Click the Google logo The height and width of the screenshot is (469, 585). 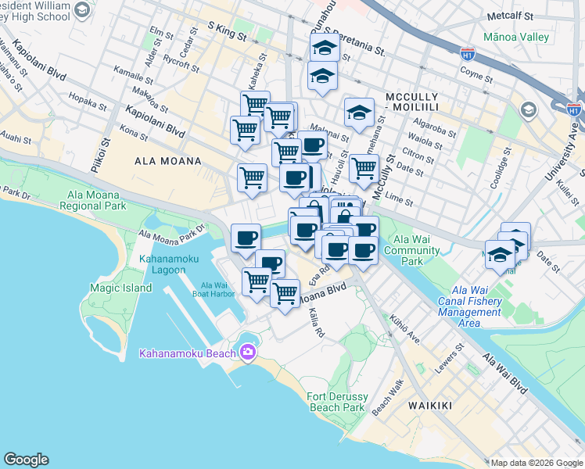point(26,460)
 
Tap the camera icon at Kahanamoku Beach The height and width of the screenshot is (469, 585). point(249,353)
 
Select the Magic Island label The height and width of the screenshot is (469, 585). point(109,288)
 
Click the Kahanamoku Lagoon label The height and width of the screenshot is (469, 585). point(162,264)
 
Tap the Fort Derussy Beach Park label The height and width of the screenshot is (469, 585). point(336,402)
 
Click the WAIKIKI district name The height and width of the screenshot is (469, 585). point(429,406)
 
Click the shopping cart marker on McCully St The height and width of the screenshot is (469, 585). point(364,168)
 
